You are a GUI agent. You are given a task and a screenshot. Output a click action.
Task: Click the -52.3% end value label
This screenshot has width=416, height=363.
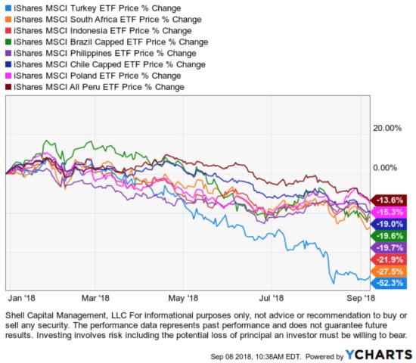pyautogui.click(x=387, y=283)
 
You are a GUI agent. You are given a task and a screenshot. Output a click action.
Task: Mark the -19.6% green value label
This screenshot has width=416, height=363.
pyautogui.click(x=387, y=236)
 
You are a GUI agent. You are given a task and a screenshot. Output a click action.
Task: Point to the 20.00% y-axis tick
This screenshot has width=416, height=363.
pyautogui.click(x=390, y=128)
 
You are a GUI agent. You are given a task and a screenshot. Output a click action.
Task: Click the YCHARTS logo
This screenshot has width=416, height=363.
pyautogui.click(x=378, y=354)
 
